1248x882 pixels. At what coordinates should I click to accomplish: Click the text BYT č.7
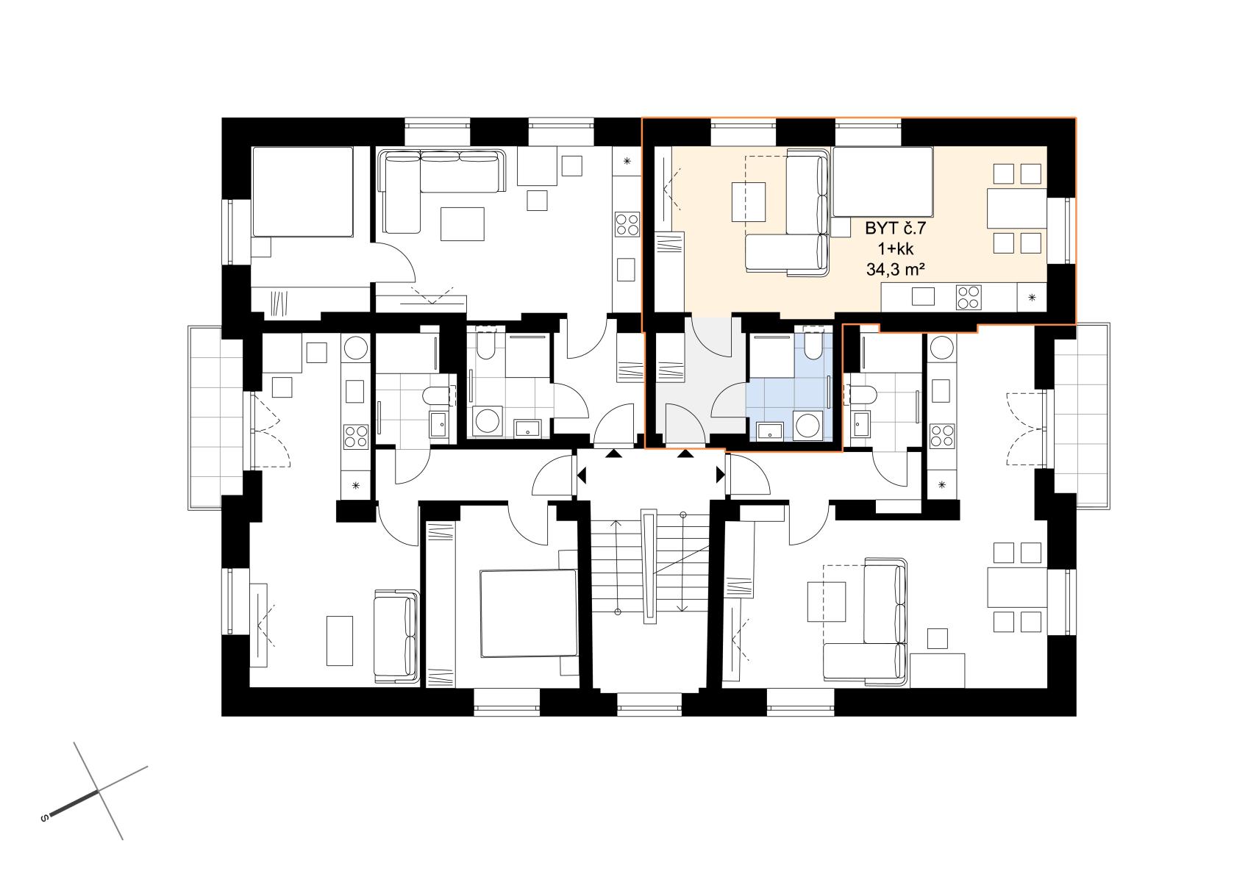895,229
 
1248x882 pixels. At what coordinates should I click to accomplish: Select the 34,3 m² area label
896,270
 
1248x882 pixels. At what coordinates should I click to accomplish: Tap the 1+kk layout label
896,249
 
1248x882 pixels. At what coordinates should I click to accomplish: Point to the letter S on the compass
44,817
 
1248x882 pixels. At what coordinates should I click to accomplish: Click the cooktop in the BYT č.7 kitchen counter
969,297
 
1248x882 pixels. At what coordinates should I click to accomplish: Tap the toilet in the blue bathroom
813,345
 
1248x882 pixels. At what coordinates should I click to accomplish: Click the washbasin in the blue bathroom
770,431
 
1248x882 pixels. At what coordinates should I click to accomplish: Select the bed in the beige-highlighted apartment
882,182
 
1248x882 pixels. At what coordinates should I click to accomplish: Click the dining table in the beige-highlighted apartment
1017,208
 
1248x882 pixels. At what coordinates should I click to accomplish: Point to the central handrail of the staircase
649,566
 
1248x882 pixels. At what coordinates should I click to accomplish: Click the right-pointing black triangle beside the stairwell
721,475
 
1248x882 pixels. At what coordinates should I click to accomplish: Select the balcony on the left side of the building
216,417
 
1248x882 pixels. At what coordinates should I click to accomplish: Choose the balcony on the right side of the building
1081,415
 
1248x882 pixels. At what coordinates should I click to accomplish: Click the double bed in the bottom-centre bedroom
528,613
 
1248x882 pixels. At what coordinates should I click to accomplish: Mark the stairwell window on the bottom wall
649,704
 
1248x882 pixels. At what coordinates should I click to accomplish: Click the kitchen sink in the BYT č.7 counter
923,296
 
